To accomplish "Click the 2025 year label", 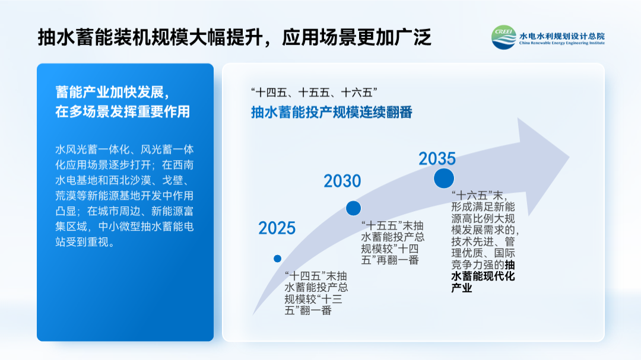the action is click(x=277, y=228).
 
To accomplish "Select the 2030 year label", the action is click(x=342, y=181).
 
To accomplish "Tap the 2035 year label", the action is click(x=437, y=158).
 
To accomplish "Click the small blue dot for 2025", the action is click(x=278, y=259).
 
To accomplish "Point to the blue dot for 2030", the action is click(x=354, y=208).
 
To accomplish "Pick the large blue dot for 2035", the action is click(x=444, y=178).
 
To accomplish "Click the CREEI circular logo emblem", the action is click(x=504, y=37).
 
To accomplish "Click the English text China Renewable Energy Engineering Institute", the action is click(x=561, y=43).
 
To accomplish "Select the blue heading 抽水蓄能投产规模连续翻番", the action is click(x=332, y=112).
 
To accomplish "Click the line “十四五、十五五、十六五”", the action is click(x=314, y=93).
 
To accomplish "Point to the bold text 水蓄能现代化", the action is click(x=483, y=276).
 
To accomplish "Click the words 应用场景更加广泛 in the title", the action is click(x=357, y=37).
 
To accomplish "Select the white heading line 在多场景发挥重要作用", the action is click(x=123, y=111).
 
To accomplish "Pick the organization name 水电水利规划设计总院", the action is click(x=561, y=36).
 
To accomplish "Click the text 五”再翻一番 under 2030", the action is click(x=390, y=260).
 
